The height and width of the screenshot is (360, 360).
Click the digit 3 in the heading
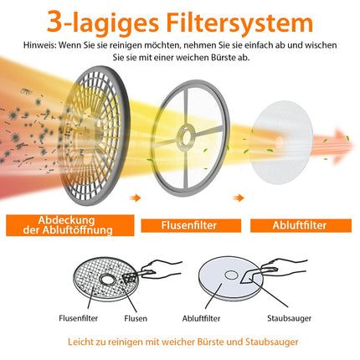tap(54, 22)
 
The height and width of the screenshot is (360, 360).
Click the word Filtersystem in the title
tap(239, 23)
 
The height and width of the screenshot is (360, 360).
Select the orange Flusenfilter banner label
tap(191, 225)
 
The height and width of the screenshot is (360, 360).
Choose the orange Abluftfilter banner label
tap(301, 225)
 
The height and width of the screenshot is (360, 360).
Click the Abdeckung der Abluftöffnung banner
tap(70, 225)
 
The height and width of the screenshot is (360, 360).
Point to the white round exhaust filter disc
tap(282, 142)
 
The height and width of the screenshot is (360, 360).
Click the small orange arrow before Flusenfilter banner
tap(135, 198)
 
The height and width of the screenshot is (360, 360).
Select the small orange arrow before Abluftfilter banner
tap(239, 198)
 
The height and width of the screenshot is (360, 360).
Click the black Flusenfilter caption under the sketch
tap(78, 318)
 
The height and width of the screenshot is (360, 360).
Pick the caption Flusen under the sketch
tap(136, 318)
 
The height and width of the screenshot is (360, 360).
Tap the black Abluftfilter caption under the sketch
tap(201, 318)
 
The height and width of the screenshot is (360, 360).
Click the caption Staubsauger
tap(289, 318)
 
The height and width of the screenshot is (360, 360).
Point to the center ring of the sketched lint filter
tap(106, 279)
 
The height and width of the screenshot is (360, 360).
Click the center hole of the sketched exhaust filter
tap(231, 275)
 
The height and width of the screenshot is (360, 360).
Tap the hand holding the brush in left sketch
tap(162, 269)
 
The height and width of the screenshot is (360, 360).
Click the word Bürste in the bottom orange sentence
tap(210, 342)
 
